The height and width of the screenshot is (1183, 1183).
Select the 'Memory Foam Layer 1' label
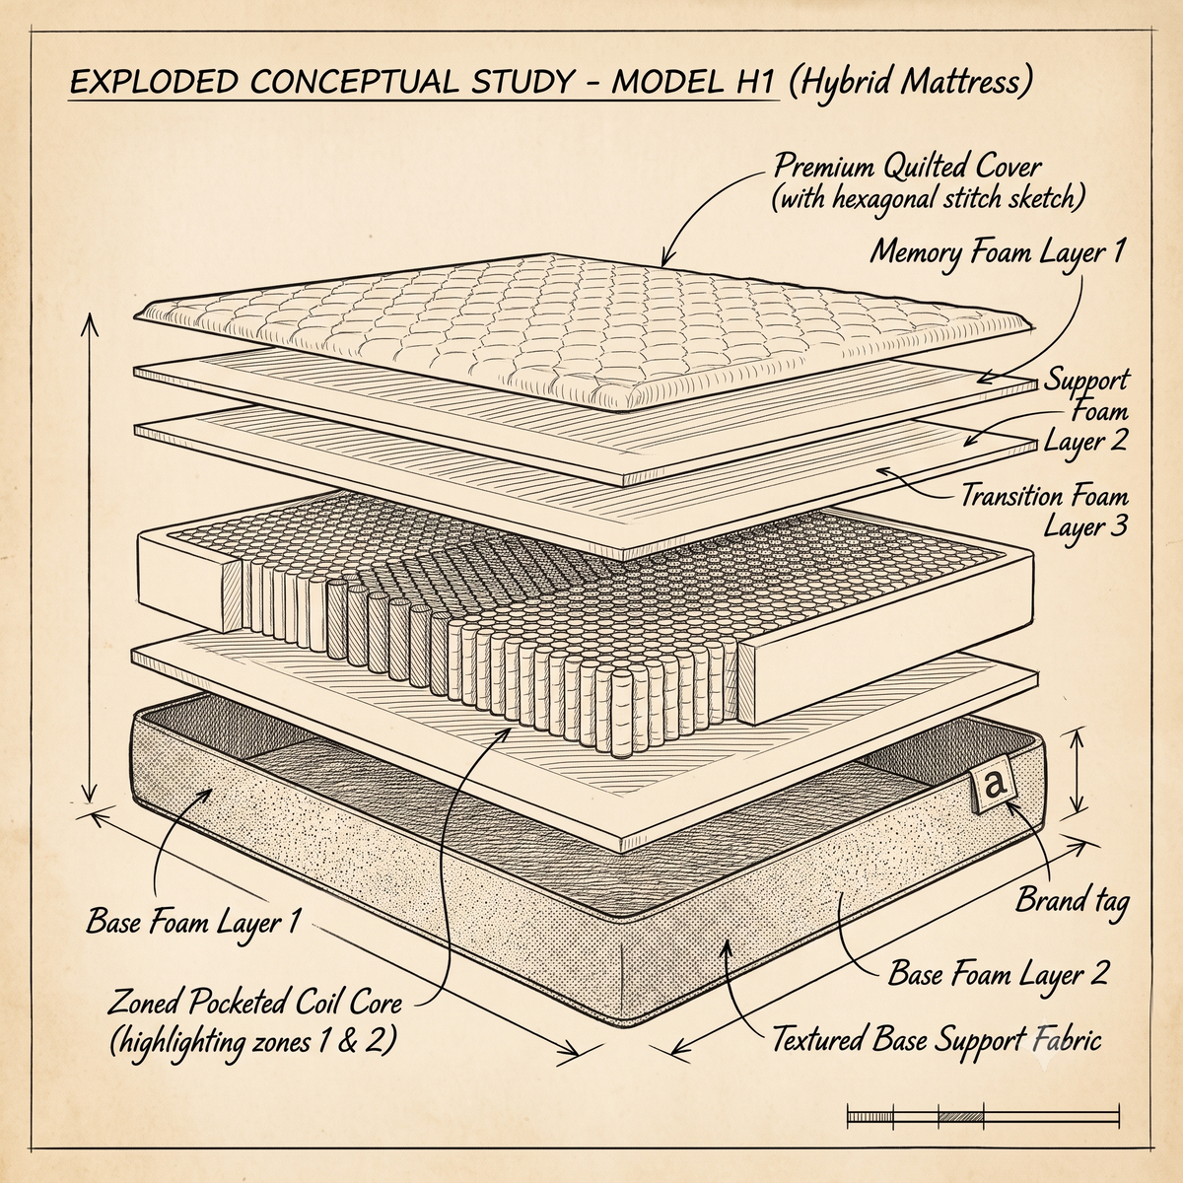click(x=998, y=252)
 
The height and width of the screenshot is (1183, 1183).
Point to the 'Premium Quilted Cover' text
click(x=907, y=167)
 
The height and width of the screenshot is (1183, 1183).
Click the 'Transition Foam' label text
click(x=1044, y=496)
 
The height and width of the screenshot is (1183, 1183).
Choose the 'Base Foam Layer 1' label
click(x=193, y=922)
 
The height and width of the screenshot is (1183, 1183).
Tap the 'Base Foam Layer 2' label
click(x=998, y=974)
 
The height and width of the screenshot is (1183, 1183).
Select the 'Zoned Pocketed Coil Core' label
click(x=254, y=1005)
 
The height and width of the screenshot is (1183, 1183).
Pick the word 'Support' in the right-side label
click(x=1086, y=380)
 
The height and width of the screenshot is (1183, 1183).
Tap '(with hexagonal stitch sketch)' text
click(x=928, y=199)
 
